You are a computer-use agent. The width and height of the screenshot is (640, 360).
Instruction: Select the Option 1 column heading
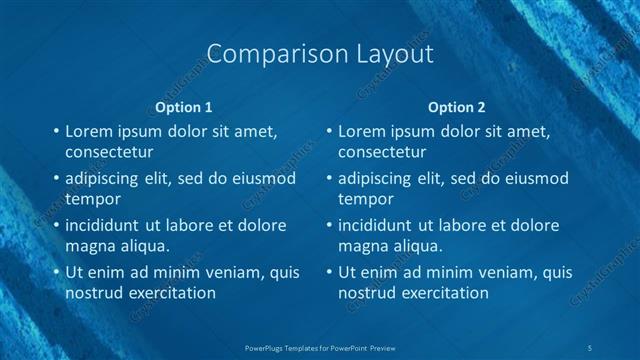click(x=185, y=106)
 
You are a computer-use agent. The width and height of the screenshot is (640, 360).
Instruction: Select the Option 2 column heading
click(x=457, y=106)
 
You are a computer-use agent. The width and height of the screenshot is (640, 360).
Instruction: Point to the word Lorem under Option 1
click(x=90, y=131)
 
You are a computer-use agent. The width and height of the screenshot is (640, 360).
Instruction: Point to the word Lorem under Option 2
click(x=363, y=131)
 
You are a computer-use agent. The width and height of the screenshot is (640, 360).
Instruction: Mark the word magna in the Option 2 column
click(x=362, y=245)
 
